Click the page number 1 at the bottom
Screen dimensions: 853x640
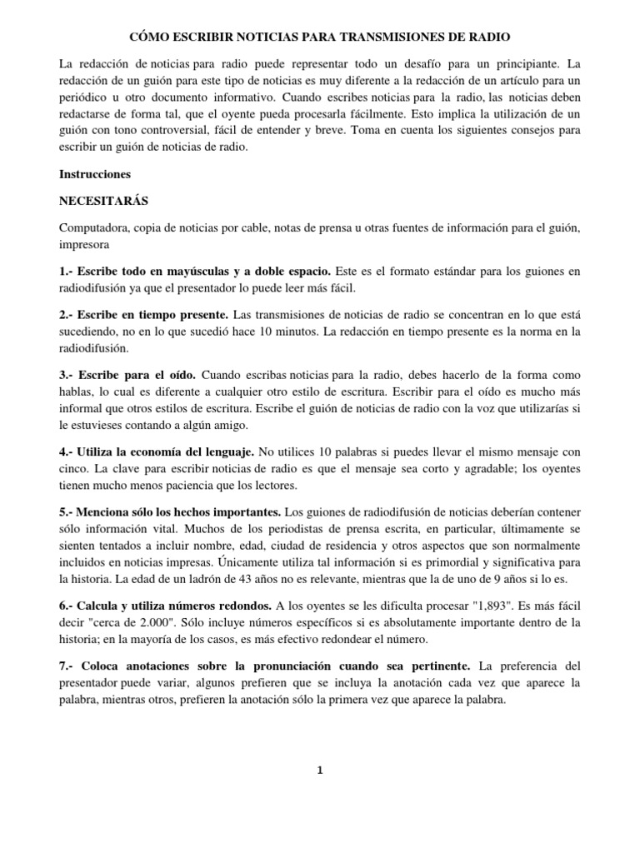[x=320, y=771]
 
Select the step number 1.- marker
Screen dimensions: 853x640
[x=68, y=272]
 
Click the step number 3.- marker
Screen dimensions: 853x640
[x=68, y=375]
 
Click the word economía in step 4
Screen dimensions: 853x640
[x=168, y=451]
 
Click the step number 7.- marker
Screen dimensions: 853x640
[x=68, y=667]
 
